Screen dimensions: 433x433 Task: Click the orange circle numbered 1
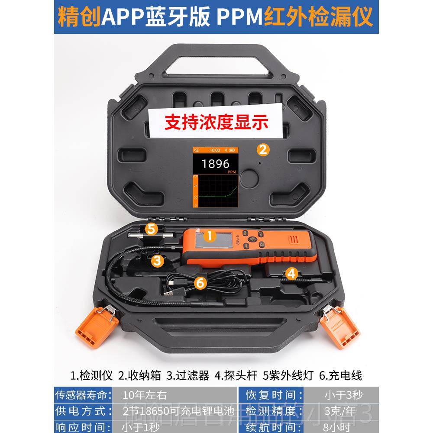pyautogui.click(x=210, y=236)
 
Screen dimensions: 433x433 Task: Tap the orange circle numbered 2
pyautogui.click(x=262, y=150)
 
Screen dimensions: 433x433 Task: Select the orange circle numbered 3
pyautogui.click(x=157, y=260)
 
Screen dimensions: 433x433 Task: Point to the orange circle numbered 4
pyautogui.click(x=292, y=273)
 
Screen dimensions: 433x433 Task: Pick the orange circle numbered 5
pyautogui.click(x=151, y=229)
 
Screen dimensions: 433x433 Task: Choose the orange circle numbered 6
pyautogui.click(x=200, y=283)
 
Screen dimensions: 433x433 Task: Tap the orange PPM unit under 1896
pyautogui.click(x=231, y=172)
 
